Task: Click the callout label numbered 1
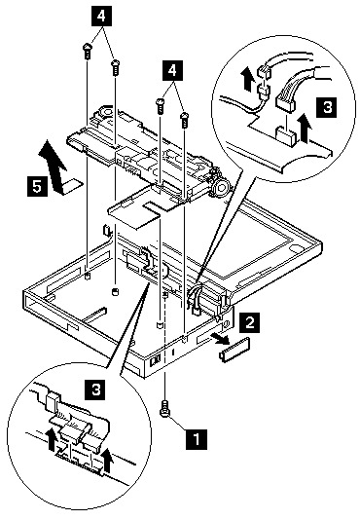197,439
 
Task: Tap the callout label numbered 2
250,322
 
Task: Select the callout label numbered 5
37,187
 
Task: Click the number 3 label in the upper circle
327,107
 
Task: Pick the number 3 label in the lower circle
95,390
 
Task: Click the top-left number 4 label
101,16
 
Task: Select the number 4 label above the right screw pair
172,70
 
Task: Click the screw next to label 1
165,409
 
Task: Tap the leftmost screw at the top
87,52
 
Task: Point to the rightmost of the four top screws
184,121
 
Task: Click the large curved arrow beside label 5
54,168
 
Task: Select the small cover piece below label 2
234,349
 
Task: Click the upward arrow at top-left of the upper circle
248,79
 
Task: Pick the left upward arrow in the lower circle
51,439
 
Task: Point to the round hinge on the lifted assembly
220,188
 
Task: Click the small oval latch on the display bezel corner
295,248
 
